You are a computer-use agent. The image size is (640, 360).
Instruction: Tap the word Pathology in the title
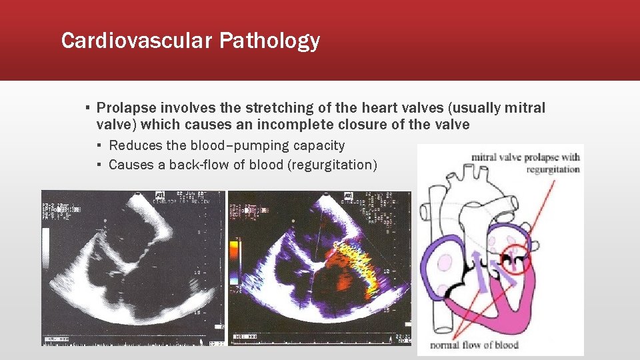[269, 41]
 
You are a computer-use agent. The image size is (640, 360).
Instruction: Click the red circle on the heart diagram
[514, 257]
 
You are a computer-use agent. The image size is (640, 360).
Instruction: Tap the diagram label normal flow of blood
[474, 345]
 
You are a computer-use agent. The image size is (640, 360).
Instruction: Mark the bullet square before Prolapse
[87, 108]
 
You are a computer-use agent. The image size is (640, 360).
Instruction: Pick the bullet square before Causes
[99, 165]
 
